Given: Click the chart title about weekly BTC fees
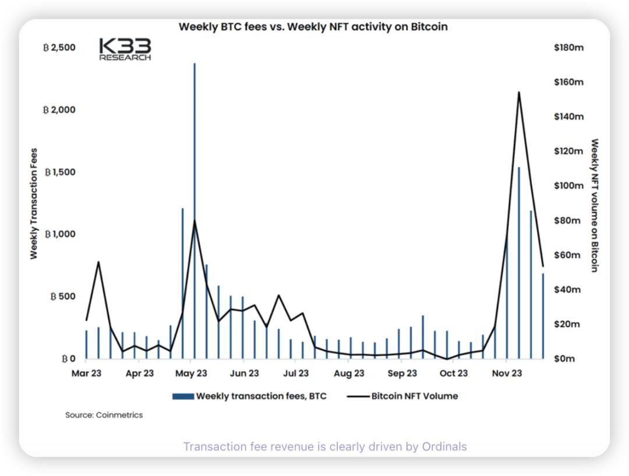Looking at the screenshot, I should point(313,27).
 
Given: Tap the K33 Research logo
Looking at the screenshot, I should point(125,49).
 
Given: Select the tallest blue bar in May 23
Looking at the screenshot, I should point(195,210).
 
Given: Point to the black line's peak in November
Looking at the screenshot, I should point(518,93).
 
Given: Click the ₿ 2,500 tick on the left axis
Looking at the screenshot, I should point(59,47).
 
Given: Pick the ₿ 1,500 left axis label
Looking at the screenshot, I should point(61,172).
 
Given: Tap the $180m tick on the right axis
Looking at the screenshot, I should point(568,47).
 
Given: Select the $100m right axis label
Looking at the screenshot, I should point(568,186).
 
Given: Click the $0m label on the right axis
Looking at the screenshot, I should point(564,358).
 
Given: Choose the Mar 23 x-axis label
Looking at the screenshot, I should point(87,373).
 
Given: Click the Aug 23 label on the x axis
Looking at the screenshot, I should point(349,373).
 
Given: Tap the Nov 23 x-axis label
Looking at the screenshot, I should point(507,373).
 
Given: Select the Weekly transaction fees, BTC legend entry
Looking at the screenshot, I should point(250,396).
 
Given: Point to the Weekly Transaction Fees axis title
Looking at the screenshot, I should point(34,203).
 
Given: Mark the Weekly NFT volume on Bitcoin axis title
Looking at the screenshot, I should point(595,205).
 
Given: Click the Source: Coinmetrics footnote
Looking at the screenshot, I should point(104,415).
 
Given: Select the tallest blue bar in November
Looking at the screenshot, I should point(518,262).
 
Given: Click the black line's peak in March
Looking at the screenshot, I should point(98,262).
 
